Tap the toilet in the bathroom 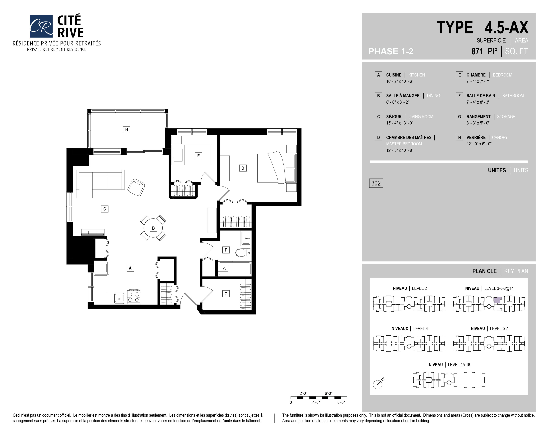click(243, 252)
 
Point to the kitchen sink click(119, 298)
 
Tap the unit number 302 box click(376, 183)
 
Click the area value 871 click(477, 51)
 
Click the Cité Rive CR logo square click(41, 26)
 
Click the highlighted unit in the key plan click(497, 300)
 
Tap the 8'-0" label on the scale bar click(341, 402)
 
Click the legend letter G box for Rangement click(459, 116)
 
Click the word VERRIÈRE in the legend click(476, 137)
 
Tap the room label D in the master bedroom click(243, 168)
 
